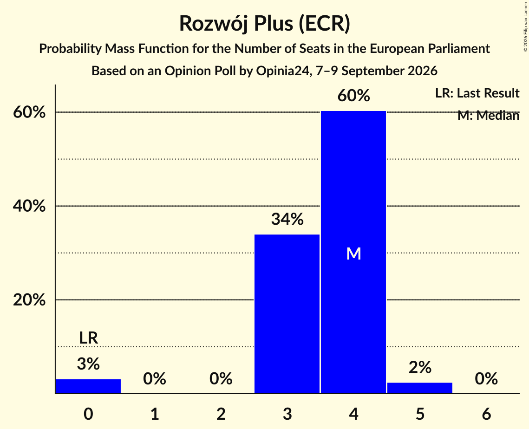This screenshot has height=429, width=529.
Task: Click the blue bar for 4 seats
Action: tap(353, 252)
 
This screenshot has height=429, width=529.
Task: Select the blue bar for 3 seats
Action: tap(287, 314)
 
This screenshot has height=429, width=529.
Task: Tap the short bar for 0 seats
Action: tap(88, 386)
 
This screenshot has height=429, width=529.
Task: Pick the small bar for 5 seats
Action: tap(420, 388)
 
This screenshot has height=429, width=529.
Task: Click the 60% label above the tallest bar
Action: tap(353, 96)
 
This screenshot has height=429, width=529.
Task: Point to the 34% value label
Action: tap(287, 219)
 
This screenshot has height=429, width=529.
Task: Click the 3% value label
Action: tap(88, 364)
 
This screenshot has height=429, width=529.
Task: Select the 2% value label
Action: tap(420, 367)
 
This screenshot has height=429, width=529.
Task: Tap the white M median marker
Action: tap(353, 253)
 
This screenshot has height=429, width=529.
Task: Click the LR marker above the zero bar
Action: tap(88, 338)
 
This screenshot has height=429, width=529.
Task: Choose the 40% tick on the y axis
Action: tap(29, 206)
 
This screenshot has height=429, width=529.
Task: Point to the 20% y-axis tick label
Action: tap(29, 299)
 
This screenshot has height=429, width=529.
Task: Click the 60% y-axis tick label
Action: tap(29, 112)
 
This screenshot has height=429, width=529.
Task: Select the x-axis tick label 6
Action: tap(486, 414)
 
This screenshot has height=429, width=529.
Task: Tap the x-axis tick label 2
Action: tap(221, 414)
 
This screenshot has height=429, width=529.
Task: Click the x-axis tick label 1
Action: tap(155, 414)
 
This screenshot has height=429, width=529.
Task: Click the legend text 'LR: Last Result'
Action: tap(477, 93)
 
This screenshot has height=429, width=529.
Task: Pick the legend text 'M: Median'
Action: tap(488, 116)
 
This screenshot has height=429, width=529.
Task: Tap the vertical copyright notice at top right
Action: tap(525, 26)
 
